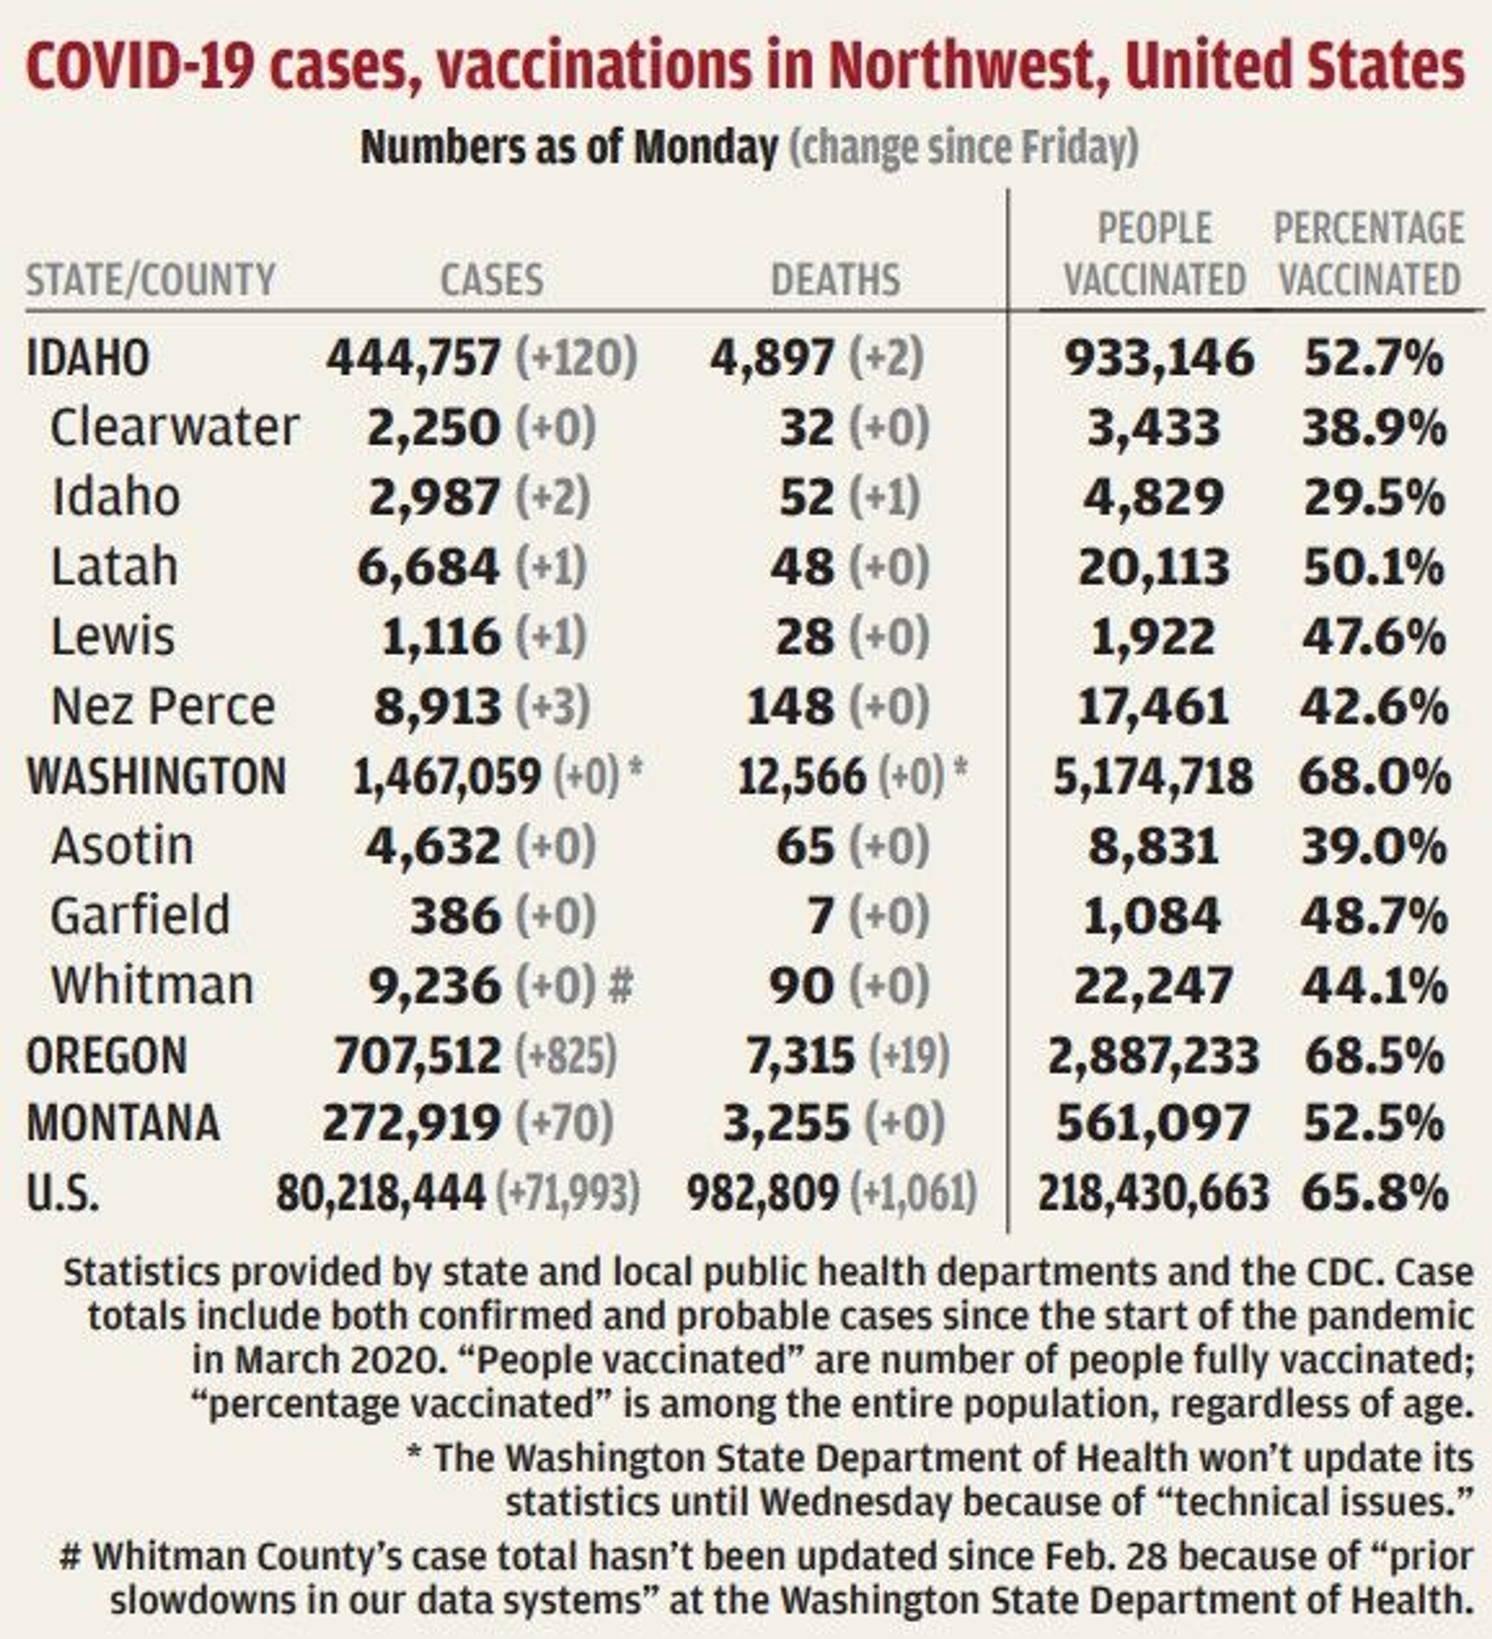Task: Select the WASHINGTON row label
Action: pos(156,777)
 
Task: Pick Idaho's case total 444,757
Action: pos(414,358)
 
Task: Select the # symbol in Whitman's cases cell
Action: pos(621,986)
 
